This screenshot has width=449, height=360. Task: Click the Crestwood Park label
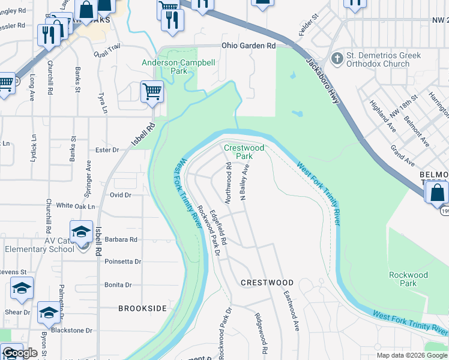pos(244,152)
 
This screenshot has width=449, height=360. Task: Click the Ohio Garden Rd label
pos(248,46)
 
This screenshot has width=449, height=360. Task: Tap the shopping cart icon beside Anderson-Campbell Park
pos(152,92)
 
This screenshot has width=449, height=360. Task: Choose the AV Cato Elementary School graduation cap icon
pos(82,231)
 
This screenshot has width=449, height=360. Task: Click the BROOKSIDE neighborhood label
pos(142,308)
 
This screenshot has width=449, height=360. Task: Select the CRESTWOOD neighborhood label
pos(267,283)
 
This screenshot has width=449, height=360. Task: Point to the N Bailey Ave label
pos(245,182)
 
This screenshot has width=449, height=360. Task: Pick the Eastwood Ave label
pos(291,312)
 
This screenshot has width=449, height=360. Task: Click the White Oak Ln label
pos(76,206)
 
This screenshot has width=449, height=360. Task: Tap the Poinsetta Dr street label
pos(122,262)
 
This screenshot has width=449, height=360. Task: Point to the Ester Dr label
pos(108,150)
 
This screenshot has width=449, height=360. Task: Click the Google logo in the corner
pos(20,353)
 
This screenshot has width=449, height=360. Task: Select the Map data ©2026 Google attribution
pos(412,355)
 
